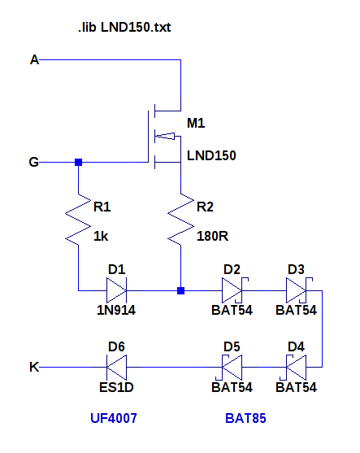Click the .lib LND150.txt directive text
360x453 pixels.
[x=124, y=28]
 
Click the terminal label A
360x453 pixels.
[x=35, y=60]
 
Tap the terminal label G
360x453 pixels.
[x=34, y=162]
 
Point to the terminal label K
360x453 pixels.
[x=34, y=367]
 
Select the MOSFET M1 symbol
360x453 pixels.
[x=164, y=137]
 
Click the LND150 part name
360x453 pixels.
[x=211, y=155]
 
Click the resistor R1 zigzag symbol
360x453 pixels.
[x=78, y=220]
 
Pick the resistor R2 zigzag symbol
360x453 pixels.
[x=180, y=220]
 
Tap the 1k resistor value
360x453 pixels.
[x=101, y=237]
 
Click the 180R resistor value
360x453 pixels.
[x=212, y=237]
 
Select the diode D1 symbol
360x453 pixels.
[x=117, y=290]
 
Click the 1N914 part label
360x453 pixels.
[x=116, y=311]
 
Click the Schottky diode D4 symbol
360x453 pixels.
[x=295, y=367]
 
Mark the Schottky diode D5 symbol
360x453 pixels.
[x=231, y=367]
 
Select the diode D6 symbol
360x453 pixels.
[x=117, y=367]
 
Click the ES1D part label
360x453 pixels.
[x=116, y=387]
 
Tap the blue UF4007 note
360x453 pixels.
[x=114, y=418]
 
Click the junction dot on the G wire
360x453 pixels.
[x=78, y=162]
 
